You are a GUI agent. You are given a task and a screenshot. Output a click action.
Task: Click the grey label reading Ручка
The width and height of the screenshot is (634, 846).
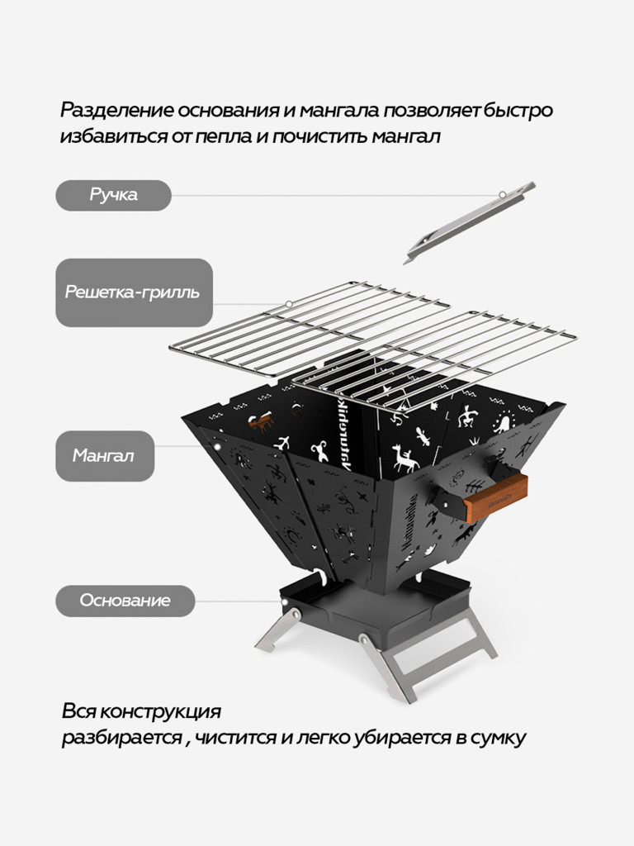113,196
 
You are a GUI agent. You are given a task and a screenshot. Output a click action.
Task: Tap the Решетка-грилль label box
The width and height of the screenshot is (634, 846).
134,292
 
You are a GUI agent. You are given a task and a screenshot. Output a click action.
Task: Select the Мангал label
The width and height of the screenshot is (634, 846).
105,456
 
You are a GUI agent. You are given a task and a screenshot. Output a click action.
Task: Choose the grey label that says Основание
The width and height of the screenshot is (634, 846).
125,601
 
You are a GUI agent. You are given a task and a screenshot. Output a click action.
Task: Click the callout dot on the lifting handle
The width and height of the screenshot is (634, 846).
502,195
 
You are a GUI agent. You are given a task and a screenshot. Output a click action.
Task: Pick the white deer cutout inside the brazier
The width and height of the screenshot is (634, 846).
405,457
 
